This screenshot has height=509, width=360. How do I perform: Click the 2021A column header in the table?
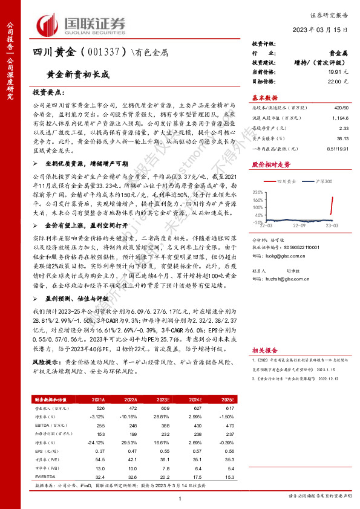click(x=98, y=399)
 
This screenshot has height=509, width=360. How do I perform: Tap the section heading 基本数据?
click(x=264, y=97)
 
